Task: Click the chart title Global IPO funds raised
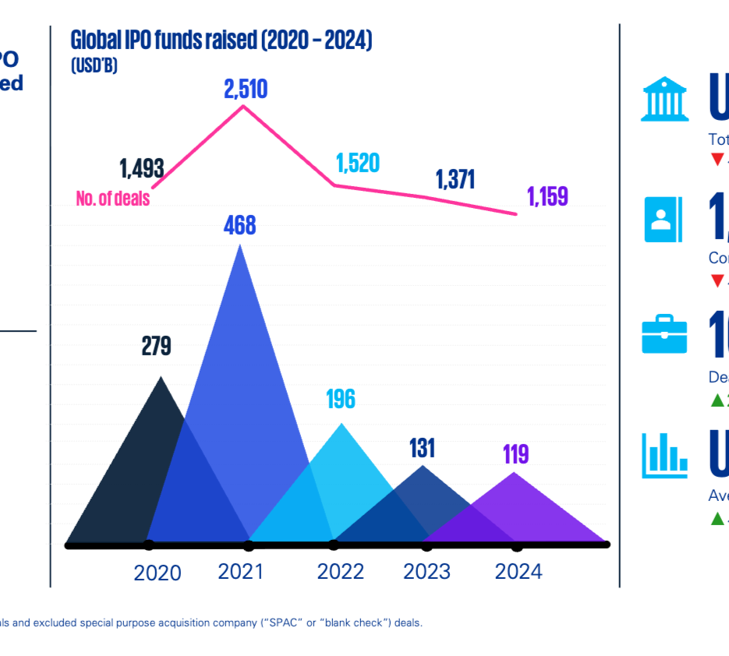pyautogui.click(x=221, y=41)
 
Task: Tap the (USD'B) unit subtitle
pyautogui.click(x=94, y=66)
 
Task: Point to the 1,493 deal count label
pyautogui.click(x=141, y=168)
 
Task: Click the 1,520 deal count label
pyautogui.click(x=358, y=163)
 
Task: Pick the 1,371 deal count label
pyautogui.click(x=455, y=179)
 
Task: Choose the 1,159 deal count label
pyautogui.click(x=548, y=196)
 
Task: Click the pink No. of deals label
pyautogui.click(x=112, y=198)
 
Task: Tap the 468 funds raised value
pyautogui.click(x=239, y=226)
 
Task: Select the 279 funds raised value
pyautogui.click(x=156, y=347)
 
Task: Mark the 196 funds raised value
pyautogui.click(x=341, y=399)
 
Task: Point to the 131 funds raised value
pyautogui.click(x=422, y=448)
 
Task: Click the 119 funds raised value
pyautogui.click(x=515, y=453)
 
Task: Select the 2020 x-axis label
pyautogui.click(x=157, y=573)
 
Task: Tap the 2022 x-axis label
pyautogui.click(x=341, y=572)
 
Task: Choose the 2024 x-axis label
pyautogui.click(x=518, y=572)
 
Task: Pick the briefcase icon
pyautogui.click(x=664, y=334)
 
